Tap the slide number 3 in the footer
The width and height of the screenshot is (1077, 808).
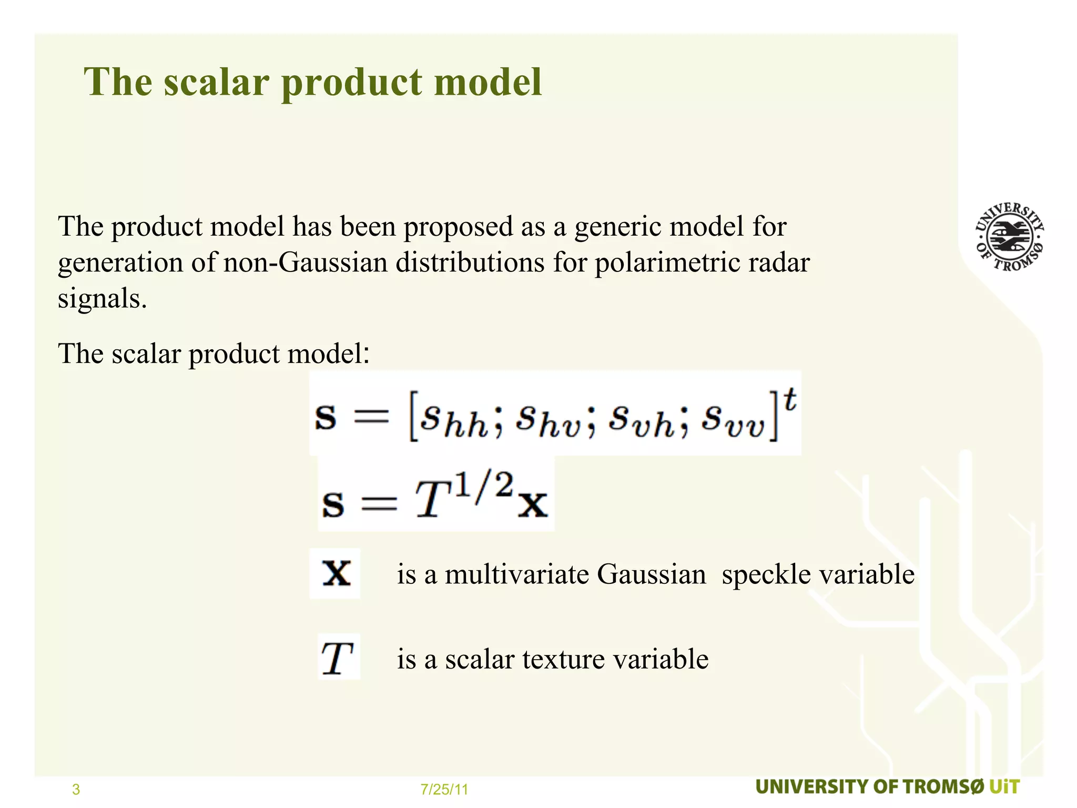click(76, 789)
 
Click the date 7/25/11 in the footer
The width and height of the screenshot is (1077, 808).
click(444, 789)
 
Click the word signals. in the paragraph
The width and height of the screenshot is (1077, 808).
click(102, 299)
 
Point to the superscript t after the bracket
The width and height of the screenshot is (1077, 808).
click(790, 401)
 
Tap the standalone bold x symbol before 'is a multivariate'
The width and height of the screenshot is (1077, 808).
click(336, 573)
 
